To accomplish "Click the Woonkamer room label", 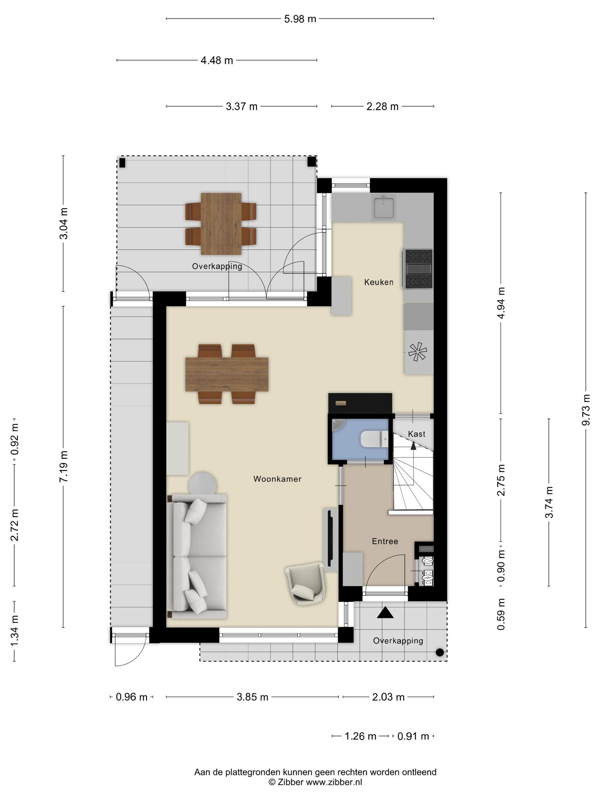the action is [x=277, y=479].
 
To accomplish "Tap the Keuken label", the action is [x=379, y=282].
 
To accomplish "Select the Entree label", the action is [x=385, y=541].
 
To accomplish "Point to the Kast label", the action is [x=416, y=434].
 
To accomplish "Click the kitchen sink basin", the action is [x=384, y=207].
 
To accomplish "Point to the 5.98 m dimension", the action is [x=300, y=19].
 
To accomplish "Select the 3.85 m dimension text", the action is [x=252, y=696].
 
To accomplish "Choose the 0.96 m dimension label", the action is [x=132, y=696].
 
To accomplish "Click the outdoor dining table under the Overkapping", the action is [x=221, y=223].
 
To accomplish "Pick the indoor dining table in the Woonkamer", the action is [x=227, y=374].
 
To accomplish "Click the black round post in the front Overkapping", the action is [x=439, y=652].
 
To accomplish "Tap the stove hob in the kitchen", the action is [x=419, y=269].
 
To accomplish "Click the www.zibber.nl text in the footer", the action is [x=334, y=782].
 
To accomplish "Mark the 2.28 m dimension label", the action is [x=382, y=106].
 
